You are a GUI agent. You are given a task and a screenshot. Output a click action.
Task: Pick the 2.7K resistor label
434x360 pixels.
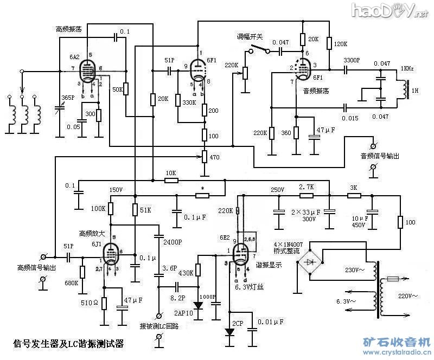pyautogui.click(x=307, y=187)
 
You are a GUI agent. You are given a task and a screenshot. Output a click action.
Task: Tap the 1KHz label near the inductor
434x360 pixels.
pyautogui.click(x=408, y=69)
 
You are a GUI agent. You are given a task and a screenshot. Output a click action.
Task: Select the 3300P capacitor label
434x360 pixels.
pyautogui.click(x=352, y=60)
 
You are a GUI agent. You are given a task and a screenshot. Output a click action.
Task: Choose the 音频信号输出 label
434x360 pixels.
pyautogui.click(x=380, y=157)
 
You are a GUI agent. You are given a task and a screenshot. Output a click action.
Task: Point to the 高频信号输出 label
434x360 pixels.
pyautogui.click(x=36, y=267)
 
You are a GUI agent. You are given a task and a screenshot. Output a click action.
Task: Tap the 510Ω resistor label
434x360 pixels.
pyautogui.click(x=90, y=302)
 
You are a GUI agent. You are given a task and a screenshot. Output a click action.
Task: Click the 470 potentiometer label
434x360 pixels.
pyautogui.click(x=215, y=158)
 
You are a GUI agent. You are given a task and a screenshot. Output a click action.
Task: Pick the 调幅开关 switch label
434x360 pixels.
pyautogui.click(x=250, y=37)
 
